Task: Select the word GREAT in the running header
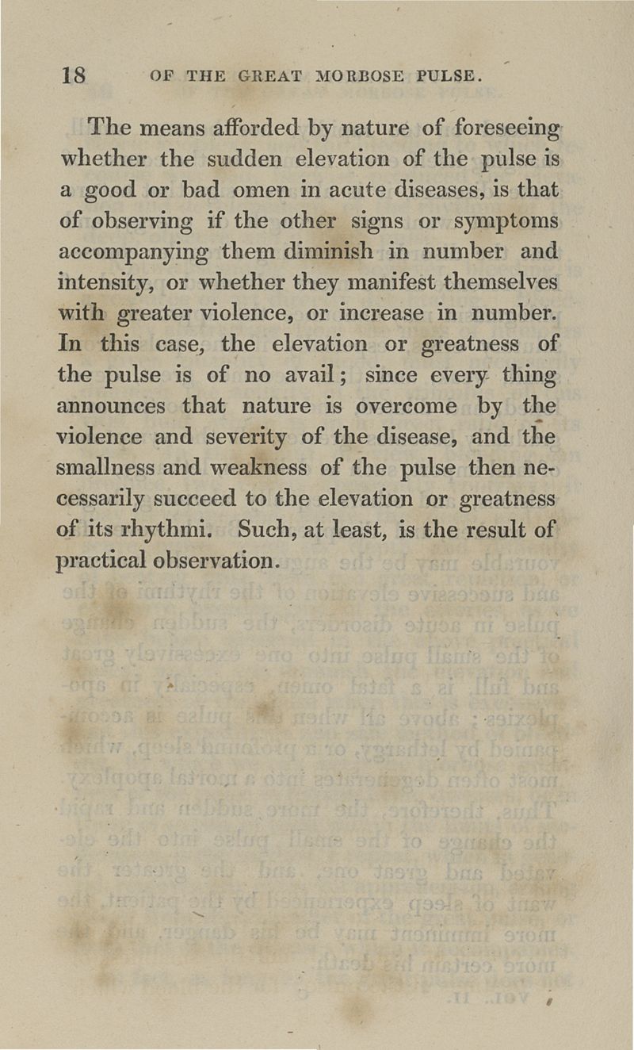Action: [262, 77]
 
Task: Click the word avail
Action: [312, 376]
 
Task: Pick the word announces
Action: [112, 407]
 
